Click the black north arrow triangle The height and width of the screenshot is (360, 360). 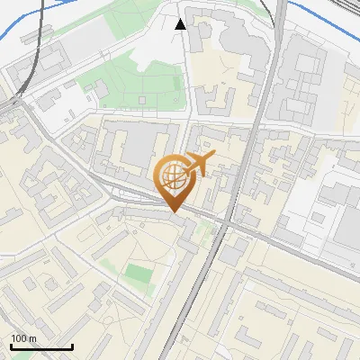pyautogui.click(x=181, y=24)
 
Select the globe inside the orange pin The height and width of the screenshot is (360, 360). pyautogui.click(x=173, y=177)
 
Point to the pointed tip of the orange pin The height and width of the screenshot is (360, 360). pyautogui.click(x=174, y=212)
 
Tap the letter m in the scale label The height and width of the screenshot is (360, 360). pyautogui.click(x=32, y=338)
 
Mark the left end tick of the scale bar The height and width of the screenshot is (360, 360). pyautogui.click(x=10, y=346)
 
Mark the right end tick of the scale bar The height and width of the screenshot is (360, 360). pyautogui.click(x=72, y=346)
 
